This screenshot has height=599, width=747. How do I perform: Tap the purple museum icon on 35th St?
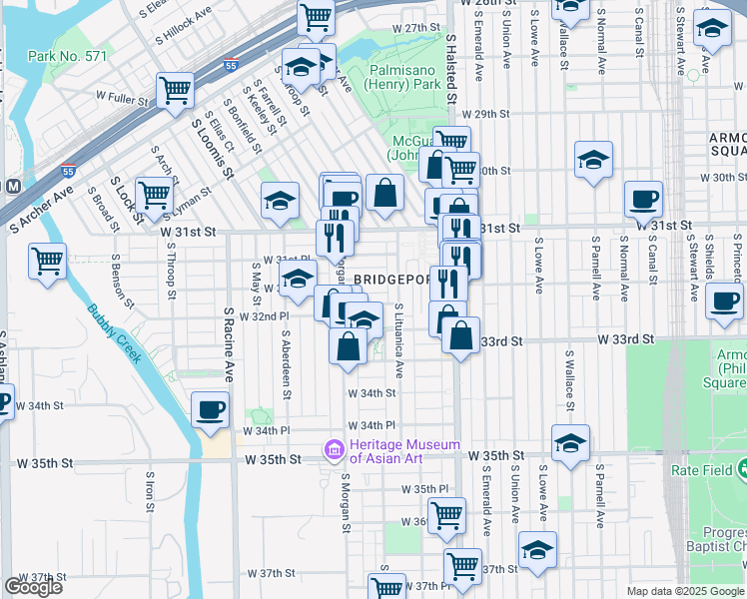333,451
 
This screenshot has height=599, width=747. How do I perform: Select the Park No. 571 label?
67,57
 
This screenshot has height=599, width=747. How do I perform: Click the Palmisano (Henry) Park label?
405,78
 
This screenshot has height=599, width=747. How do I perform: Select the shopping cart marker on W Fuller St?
176,89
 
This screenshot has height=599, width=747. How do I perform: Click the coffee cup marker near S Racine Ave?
210,408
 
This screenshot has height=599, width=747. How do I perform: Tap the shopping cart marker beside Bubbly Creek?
47,262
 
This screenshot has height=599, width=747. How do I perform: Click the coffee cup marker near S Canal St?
644,198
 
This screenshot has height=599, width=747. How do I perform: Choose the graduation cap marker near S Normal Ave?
593,158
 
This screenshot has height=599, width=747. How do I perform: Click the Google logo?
33,587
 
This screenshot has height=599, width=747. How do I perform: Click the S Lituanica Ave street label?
398,340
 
